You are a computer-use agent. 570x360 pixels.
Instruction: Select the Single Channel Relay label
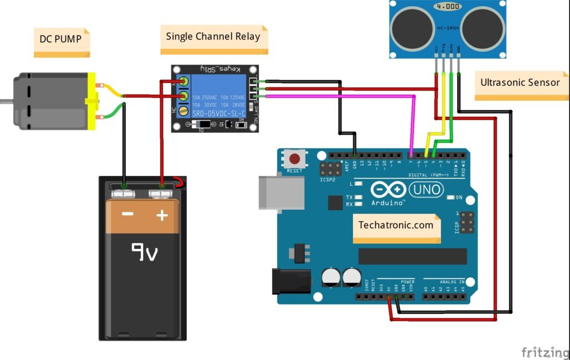coord(213,37)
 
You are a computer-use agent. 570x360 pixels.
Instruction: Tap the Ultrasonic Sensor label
coord(520,83)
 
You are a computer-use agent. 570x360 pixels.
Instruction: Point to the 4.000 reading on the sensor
coord(448,7)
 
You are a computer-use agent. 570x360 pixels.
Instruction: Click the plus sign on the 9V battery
coord(162,215)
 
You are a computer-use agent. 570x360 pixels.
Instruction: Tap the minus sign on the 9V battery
coord(127,215)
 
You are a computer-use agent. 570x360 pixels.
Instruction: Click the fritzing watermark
coord(544,352)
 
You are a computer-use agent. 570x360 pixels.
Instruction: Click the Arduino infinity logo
coord(388,190)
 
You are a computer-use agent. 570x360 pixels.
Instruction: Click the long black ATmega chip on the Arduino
coord(412,256)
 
